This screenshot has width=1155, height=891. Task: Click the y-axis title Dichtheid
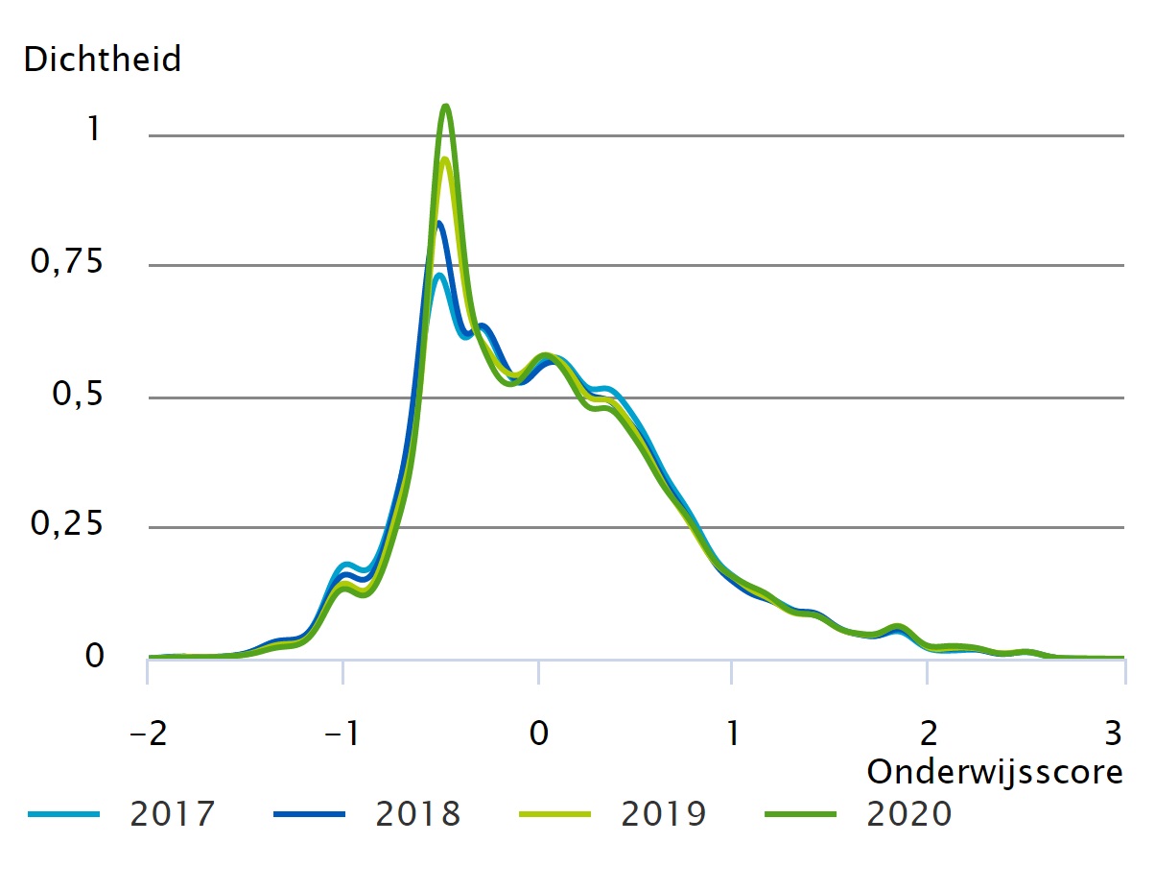coord(102,60)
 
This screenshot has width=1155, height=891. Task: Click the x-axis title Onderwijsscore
coord(995,771)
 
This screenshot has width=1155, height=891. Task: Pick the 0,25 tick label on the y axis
coord(66,525)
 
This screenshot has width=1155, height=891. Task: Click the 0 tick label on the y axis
coord(94,657)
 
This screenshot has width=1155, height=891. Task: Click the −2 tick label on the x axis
coord(149,734)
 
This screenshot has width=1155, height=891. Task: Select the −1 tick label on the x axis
coord(342,734)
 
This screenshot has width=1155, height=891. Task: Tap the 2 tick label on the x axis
coord(927,734)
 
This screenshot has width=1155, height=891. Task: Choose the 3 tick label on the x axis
coord(1113,734)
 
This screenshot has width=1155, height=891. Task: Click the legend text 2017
coord(173,814)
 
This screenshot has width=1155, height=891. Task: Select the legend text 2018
coord(418,814)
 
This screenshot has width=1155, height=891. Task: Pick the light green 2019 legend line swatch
coord(554,815)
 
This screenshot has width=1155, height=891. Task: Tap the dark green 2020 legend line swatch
coord(801,815)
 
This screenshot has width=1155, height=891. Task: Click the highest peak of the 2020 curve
coord(445,106)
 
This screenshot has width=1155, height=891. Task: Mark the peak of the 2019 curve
coord(445,159)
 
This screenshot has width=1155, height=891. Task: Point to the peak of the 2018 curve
coord(438,223)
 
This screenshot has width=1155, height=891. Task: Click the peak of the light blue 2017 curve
coord(438,276)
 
